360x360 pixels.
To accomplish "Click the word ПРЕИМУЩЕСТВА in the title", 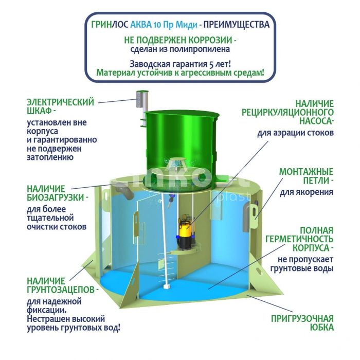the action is [x=237, y=25].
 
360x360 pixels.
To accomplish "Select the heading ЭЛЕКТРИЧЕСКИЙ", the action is [x=60, y=102].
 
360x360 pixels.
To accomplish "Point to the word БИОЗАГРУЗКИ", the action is [x=56, y=197].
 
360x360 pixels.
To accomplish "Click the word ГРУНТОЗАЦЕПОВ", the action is [x=61, y=290].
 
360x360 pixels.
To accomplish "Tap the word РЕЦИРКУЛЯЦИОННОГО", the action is [x=287, y=113].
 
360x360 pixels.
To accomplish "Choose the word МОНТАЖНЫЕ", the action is [x=307, y=172].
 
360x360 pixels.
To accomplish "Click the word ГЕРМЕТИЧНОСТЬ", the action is [x=299, y=239].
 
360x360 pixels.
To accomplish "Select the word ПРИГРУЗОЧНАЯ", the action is [x=302, y=319].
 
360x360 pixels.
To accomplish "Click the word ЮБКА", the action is [x=322, y=328].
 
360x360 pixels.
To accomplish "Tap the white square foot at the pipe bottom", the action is [x=166, y=287].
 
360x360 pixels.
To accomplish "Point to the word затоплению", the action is [x=50, y=158].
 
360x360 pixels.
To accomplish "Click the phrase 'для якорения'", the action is [x=307, y=192].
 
